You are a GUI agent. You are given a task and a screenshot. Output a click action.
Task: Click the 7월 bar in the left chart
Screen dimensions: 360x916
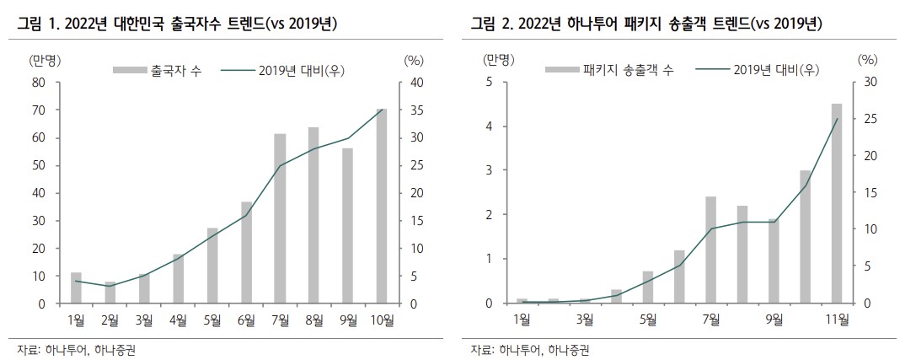(280, 218)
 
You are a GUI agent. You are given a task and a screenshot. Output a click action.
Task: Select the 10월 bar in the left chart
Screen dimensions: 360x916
(381, 207)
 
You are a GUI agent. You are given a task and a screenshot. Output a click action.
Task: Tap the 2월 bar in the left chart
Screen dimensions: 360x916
(110, 293)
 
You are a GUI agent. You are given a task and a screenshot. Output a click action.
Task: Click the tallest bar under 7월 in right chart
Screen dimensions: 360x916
(710, 250)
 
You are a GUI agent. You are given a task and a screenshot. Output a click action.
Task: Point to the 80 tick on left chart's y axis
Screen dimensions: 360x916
(39, 83)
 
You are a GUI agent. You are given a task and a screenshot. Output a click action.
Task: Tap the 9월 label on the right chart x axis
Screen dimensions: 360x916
(774, 318)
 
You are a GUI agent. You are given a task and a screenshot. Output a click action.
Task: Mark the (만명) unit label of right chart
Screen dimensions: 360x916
(496, 59)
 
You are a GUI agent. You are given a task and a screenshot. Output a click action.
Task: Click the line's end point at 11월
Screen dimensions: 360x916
(837, 119)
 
